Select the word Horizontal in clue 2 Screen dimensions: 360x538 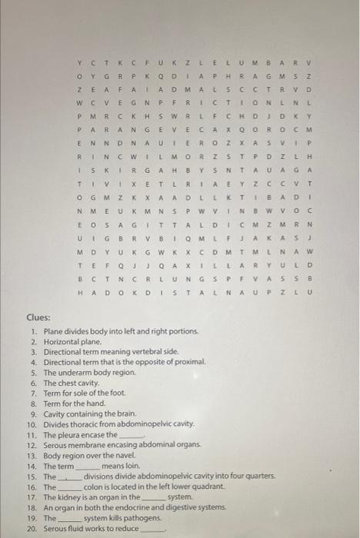tap(64, 340)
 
